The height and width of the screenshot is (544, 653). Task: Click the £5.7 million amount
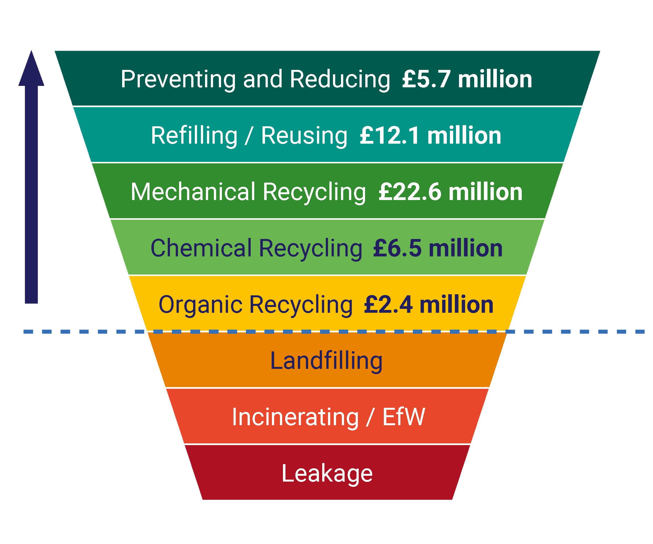point(467,79)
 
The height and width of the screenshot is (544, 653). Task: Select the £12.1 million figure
point(430,136)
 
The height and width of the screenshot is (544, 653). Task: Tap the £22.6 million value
point(450,192)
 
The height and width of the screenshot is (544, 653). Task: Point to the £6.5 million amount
point(437,248)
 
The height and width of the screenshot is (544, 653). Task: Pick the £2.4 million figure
point(429,305)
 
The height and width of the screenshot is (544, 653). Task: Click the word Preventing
point(178,79)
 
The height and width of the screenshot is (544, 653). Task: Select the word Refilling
point(194,136)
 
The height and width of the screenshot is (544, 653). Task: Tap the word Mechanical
point(193,192)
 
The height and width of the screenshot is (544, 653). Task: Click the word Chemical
point(201,248)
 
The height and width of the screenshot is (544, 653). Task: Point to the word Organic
point(200,305)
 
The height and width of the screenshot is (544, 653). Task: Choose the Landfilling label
point(326,361)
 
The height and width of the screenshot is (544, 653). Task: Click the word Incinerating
point(295,417)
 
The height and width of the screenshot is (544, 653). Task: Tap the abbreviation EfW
point(404,417)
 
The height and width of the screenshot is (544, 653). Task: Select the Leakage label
point(327,474)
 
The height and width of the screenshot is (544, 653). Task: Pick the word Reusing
point(304,136)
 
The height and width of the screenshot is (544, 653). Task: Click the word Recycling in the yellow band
point(301,305)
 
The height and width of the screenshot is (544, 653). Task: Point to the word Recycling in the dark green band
point(314,192)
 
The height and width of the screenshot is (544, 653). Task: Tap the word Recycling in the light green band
point(310,248)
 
